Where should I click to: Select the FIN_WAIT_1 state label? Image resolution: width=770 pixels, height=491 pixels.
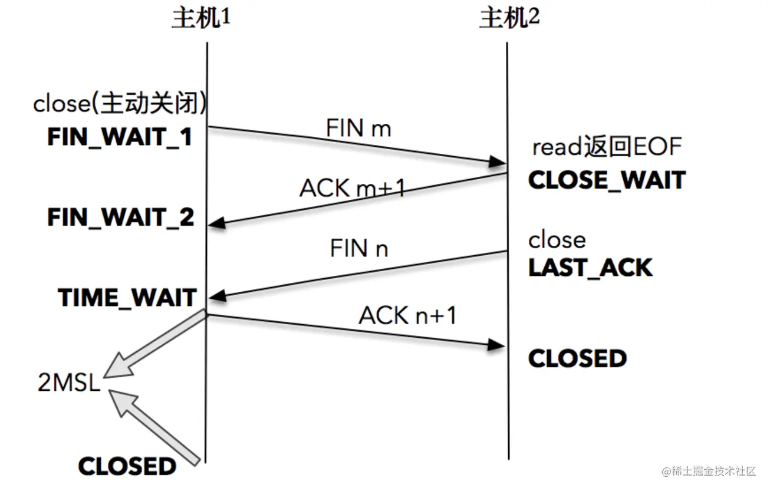point(120,137)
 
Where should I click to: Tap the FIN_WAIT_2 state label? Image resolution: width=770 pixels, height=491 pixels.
point(120,218)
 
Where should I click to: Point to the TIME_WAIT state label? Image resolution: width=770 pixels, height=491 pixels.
point(127,298)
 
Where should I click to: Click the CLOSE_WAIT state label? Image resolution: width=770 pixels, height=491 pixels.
point(607,180)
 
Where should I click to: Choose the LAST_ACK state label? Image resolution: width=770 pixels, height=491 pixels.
point(590,268)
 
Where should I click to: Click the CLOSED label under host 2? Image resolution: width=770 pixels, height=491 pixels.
point(577,358)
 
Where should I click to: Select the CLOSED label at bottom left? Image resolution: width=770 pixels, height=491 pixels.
point(127,466)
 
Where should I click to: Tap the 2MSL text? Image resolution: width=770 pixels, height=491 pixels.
point(69,383)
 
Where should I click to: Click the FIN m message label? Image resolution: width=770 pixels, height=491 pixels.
point(358,128)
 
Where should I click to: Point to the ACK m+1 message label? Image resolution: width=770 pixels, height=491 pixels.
point(353,188)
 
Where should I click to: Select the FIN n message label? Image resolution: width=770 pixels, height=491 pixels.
point(358,248)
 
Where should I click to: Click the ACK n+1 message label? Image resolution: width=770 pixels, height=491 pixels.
point(408,316)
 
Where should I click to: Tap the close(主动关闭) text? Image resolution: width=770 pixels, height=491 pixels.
point(120,104)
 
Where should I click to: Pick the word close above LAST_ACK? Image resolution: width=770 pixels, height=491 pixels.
point(557,240)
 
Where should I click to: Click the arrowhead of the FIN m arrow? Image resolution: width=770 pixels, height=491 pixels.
point(498,162)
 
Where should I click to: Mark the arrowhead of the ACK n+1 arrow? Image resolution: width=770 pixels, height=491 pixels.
point(498,347)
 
